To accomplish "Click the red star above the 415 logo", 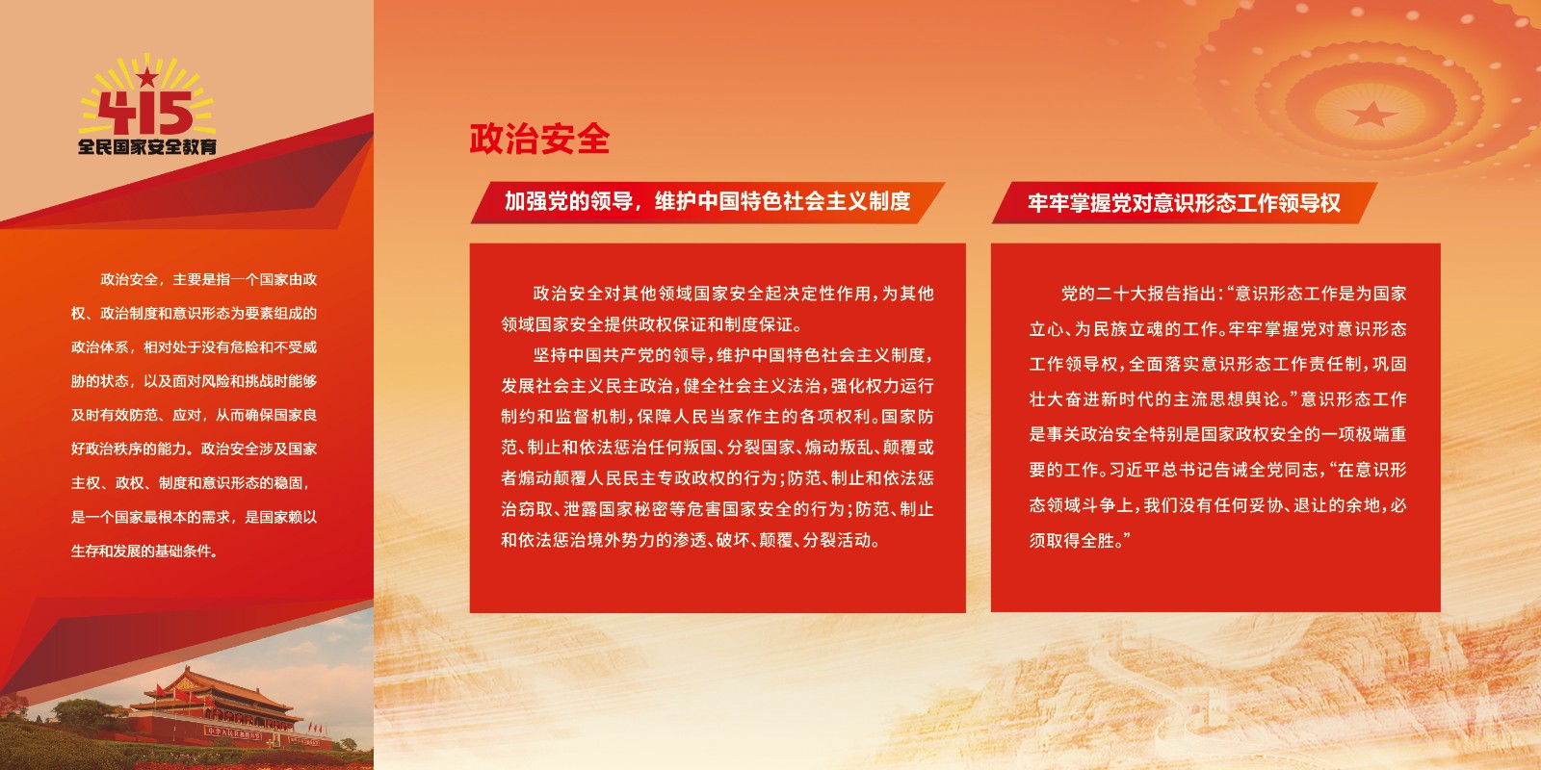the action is pos(147,77).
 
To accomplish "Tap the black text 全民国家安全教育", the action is pos(147,146).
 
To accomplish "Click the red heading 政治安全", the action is pos(539,139).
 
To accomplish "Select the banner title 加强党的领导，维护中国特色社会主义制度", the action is pos(707,201).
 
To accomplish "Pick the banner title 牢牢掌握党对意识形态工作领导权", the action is pos(1184,203).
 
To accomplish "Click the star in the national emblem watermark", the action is pos(1371,115).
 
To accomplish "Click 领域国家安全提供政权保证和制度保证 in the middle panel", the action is pos(646,324).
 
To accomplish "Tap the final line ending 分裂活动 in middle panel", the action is pos(691,540).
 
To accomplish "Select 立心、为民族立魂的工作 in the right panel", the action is pos(1123,329).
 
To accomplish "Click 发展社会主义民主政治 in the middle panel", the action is pos(587,386).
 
